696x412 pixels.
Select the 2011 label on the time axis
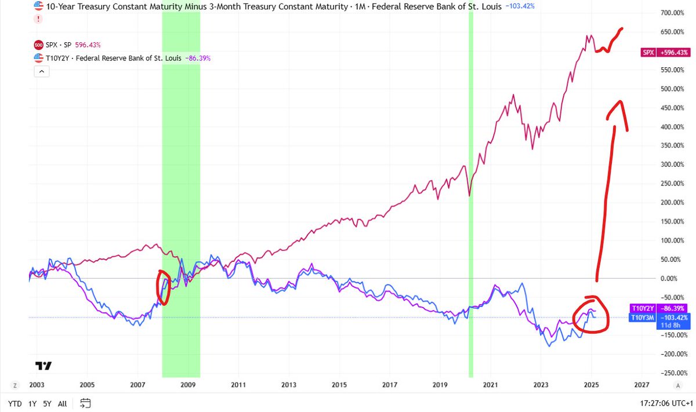[x=238, y=384]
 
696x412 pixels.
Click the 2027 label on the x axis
[x=641, y=384]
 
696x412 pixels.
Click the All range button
[x=63, y=403]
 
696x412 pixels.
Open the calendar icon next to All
[x=85, y=403]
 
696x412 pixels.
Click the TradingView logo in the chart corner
[x=43, y=366]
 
